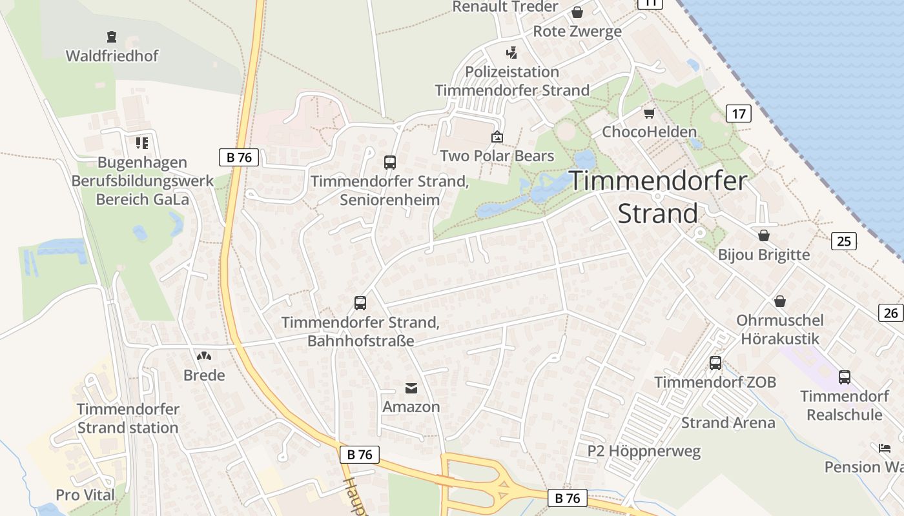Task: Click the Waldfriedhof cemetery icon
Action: coord(112,37)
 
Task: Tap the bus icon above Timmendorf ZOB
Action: coord(715,363)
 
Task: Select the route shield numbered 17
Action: coord(739,114)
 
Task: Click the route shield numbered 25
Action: coord(843,241)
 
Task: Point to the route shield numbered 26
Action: coord(890,313)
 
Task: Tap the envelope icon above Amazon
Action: coord(411,388)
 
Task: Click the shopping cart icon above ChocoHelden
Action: coord(649,114)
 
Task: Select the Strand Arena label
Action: coord(728,423)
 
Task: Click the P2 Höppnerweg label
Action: coord(644,451)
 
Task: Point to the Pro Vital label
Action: coord(85,495)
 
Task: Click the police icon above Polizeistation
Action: coord(512,52)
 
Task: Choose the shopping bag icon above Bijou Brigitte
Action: coord(764,235)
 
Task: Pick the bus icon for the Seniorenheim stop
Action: coord(390,162)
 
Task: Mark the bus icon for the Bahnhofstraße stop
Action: coord(360,303)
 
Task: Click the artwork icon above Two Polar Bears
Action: coord(497,137)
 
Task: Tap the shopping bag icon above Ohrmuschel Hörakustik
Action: coord(780,301)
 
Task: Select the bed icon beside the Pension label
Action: coord(884,448)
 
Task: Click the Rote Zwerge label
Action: coord(577,31)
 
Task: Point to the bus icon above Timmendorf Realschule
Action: coord(845,377)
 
